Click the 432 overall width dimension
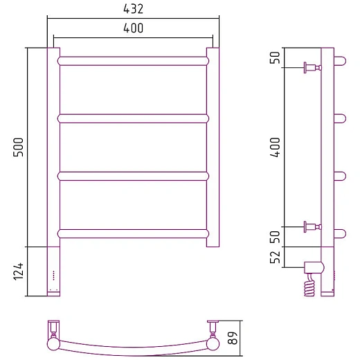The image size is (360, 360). (133, 9)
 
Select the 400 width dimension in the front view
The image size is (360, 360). (133, 28)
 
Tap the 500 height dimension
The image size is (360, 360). (18, 147)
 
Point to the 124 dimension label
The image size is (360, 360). (18, 271)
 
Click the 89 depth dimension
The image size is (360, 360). (233, 338)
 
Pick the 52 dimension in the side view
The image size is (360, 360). (275, 257)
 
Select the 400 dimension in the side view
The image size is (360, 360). (275, 147)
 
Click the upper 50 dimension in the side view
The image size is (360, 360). (275, 57)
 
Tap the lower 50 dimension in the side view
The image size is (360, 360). (275, 237)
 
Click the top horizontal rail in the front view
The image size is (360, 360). (133, 61)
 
